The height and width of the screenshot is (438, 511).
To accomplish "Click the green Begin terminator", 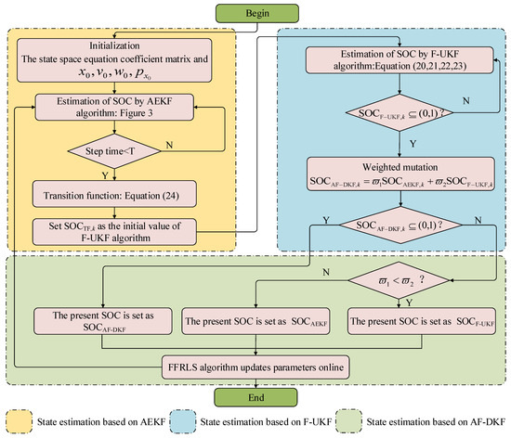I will (x=255, y=14).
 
